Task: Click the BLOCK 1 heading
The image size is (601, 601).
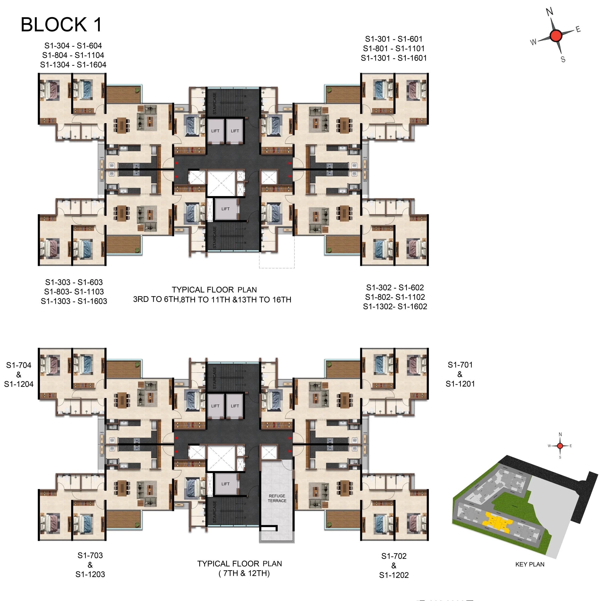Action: point(61,25)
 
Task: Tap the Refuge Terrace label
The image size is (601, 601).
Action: point(277,498)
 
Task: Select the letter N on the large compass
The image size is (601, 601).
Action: point(550,12)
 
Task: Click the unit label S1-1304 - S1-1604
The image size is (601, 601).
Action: point(73,65)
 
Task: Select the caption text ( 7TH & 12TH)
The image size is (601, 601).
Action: point(244,573)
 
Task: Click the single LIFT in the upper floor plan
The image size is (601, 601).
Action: point(226,209)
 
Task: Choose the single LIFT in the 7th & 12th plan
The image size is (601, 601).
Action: point(226,484)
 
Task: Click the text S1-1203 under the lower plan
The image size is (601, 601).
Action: point(90,574)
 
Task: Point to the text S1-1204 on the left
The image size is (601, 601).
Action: point(19,384)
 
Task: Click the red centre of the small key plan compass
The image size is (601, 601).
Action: point(560,446)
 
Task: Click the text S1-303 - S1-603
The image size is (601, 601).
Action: point(74,282)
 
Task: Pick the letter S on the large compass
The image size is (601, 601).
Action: point(563,59)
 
